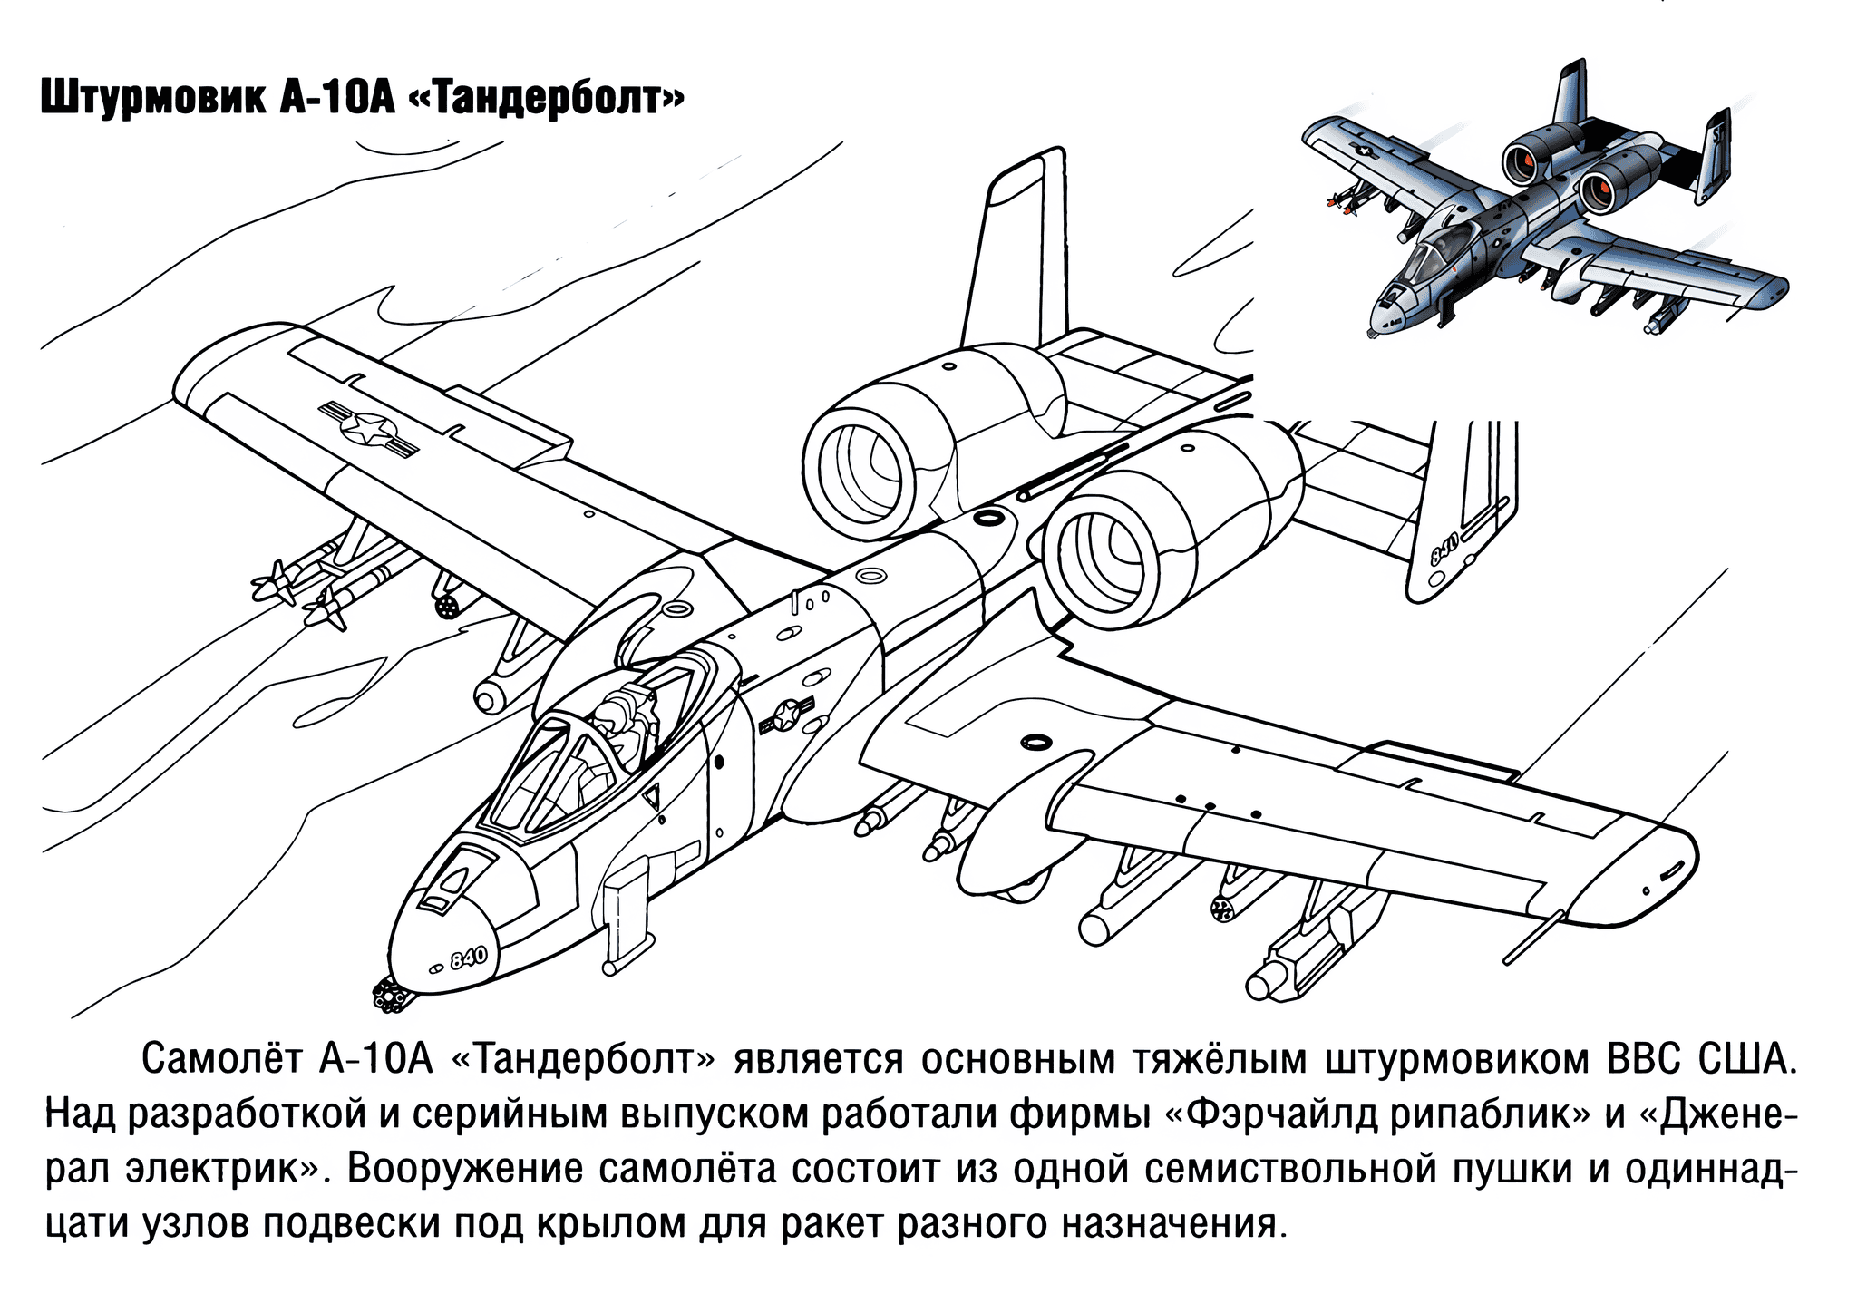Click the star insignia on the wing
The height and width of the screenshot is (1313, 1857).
coord(368,429)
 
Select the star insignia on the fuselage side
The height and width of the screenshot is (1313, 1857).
coord(785,717)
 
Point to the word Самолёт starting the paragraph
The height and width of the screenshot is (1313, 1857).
coord(221,1059)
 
